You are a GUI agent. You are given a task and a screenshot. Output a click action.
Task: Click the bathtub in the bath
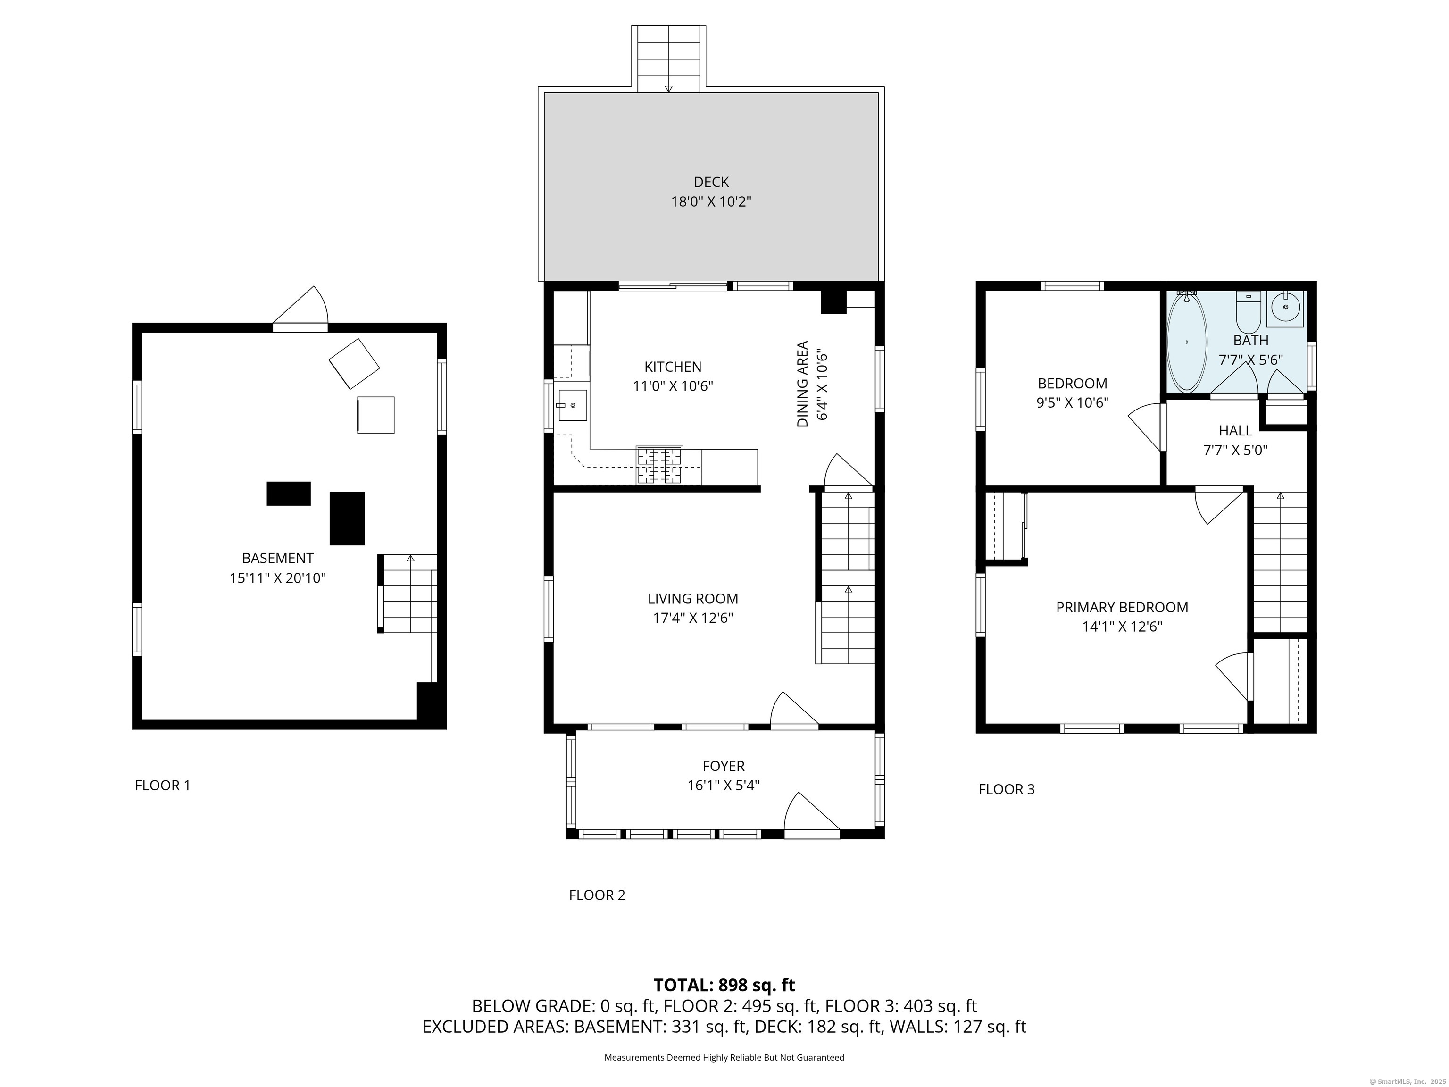coord(1187,342)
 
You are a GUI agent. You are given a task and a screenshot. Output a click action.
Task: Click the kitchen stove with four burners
coord(660,466)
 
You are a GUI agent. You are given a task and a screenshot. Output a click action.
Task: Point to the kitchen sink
coord(572,405)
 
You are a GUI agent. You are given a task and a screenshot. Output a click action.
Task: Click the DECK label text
coord(711,182)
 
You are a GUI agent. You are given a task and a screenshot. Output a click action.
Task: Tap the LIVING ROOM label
coord(693,598)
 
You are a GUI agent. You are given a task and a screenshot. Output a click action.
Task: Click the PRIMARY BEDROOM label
coord(1122,607)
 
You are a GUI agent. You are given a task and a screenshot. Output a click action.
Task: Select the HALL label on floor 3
coord(1235,430)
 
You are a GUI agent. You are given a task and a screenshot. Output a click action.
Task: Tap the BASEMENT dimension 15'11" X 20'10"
coord(278,578)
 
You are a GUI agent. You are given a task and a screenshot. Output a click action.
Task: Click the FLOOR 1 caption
coord(162,785)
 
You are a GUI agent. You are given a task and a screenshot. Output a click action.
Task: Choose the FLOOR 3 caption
coord(1007,789)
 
